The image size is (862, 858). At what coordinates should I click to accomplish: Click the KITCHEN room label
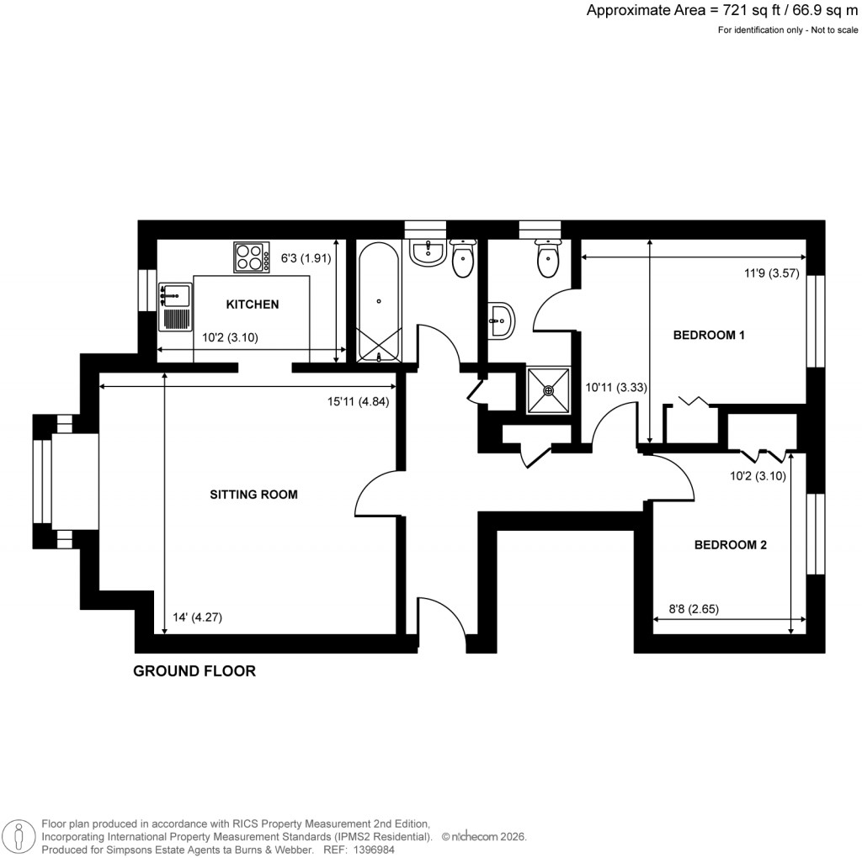click(252, 305)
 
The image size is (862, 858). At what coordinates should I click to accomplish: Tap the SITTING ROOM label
click(253, 495)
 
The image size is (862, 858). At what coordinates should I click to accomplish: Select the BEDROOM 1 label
click(710, 335)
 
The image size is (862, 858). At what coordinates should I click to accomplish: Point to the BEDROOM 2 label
click(730, 545)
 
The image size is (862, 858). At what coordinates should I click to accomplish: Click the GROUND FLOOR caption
click(194, 671)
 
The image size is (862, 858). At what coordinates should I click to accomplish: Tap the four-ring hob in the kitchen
click(248, 257)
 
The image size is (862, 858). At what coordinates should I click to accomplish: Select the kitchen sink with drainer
click(175, 307)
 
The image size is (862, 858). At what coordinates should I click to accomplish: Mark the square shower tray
click(549, 389)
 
